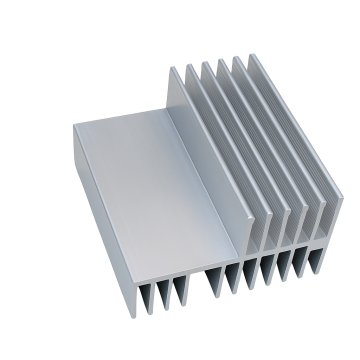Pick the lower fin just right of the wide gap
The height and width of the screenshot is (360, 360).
click(212, 285)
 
